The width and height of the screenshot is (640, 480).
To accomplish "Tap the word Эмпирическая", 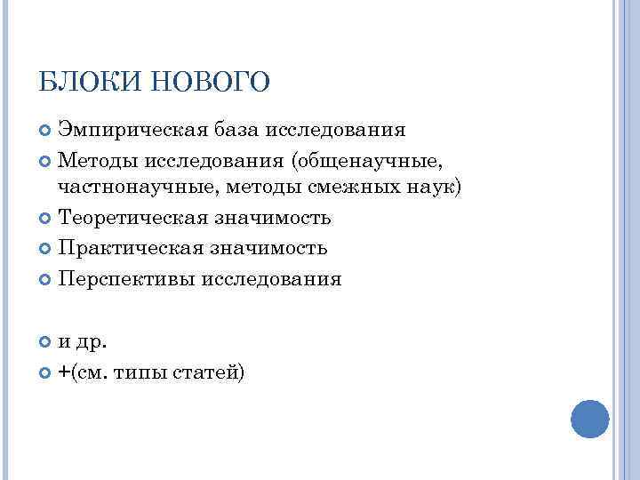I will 132,131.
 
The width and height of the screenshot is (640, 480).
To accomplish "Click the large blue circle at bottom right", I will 588,417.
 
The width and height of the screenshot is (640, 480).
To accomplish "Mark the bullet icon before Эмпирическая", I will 46,132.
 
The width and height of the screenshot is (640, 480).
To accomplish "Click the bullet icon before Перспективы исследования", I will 46,280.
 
